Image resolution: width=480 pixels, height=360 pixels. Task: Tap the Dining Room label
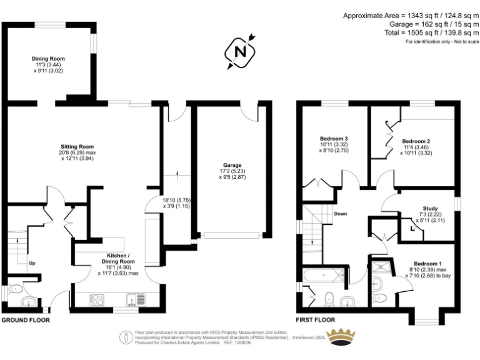pos(48,59)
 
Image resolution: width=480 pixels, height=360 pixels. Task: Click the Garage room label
pos(232,166)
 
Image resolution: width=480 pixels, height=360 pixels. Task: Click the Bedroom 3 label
pos(333,138)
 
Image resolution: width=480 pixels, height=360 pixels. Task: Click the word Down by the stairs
pos(341,214)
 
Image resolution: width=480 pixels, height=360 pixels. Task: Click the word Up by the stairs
pos(32,263)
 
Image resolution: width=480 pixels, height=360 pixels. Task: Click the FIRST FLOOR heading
pos(316,320)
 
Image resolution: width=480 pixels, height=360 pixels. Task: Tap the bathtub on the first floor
pos(322,274)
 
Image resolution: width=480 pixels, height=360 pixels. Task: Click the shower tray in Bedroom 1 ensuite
pos(381,268)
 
